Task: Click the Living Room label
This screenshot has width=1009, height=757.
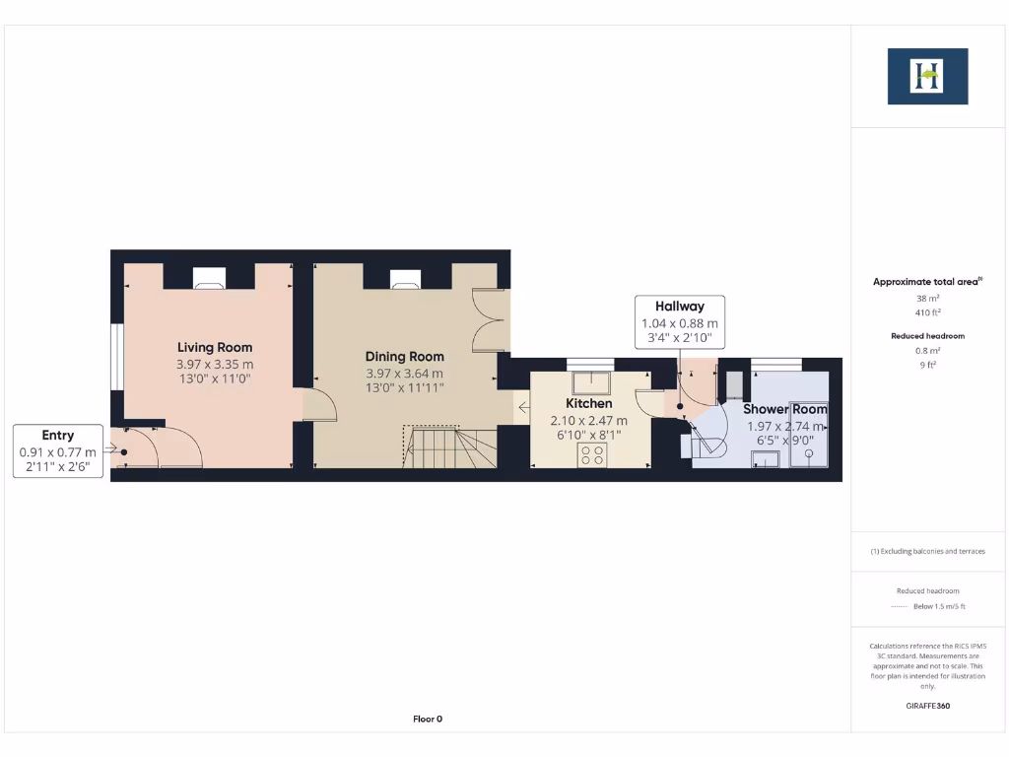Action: pos(215,347)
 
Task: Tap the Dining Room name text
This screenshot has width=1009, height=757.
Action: pos(404,357)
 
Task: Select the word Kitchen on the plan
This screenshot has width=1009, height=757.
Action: pos(588,403)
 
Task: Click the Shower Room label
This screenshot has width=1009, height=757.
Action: pos(784,409)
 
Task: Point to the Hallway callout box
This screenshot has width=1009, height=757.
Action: pos(680,321)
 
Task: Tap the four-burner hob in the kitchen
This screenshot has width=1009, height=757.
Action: pos(592,454)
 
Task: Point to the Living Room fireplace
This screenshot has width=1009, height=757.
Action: pos(208,279)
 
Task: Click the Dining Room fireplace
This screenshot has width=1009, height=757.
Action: pos(405,279)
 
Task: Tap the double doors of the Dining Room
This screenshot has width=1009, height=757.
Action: pos(489,319)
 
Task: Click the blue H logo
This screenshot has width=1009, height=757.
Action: pos(927,76)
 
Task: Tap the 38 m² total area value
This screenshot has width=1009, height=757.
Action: pos(926,297)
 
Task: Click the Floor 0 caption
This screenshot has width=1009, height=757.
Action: pos(428,719)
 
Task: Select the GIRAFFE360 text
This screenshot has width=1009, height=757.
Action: pos(927,706)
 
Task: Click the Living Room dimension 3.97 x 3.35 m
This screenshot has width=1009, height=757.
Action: pos(215,364)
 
